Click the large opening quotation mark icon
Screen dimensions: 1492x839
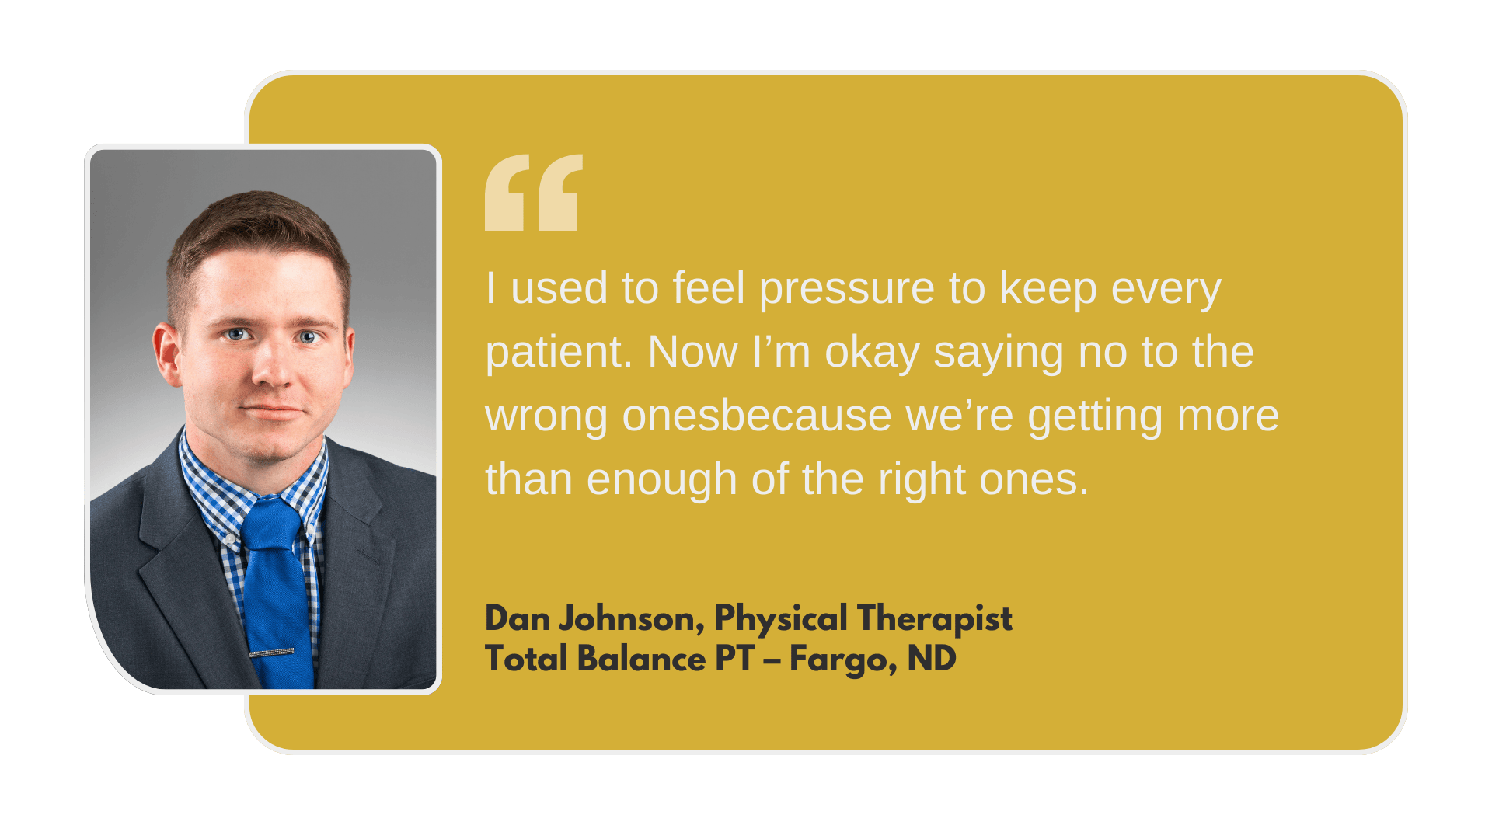[534, 192]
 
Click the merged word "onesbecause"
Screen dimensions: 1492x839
[757, 416]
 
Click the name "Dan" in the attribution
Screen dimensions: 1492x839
[518, 618]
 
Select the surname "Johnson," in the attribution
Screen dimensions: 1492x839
[632, 620]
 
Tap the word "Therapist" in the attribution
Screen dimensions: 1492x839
[935, 618]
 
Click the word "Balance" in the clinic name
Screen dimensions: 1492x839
[642, 659]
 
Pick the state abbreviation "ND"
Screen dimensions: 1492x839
[932, 659]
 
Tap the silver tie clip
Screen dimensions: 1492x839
[271, 653]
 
